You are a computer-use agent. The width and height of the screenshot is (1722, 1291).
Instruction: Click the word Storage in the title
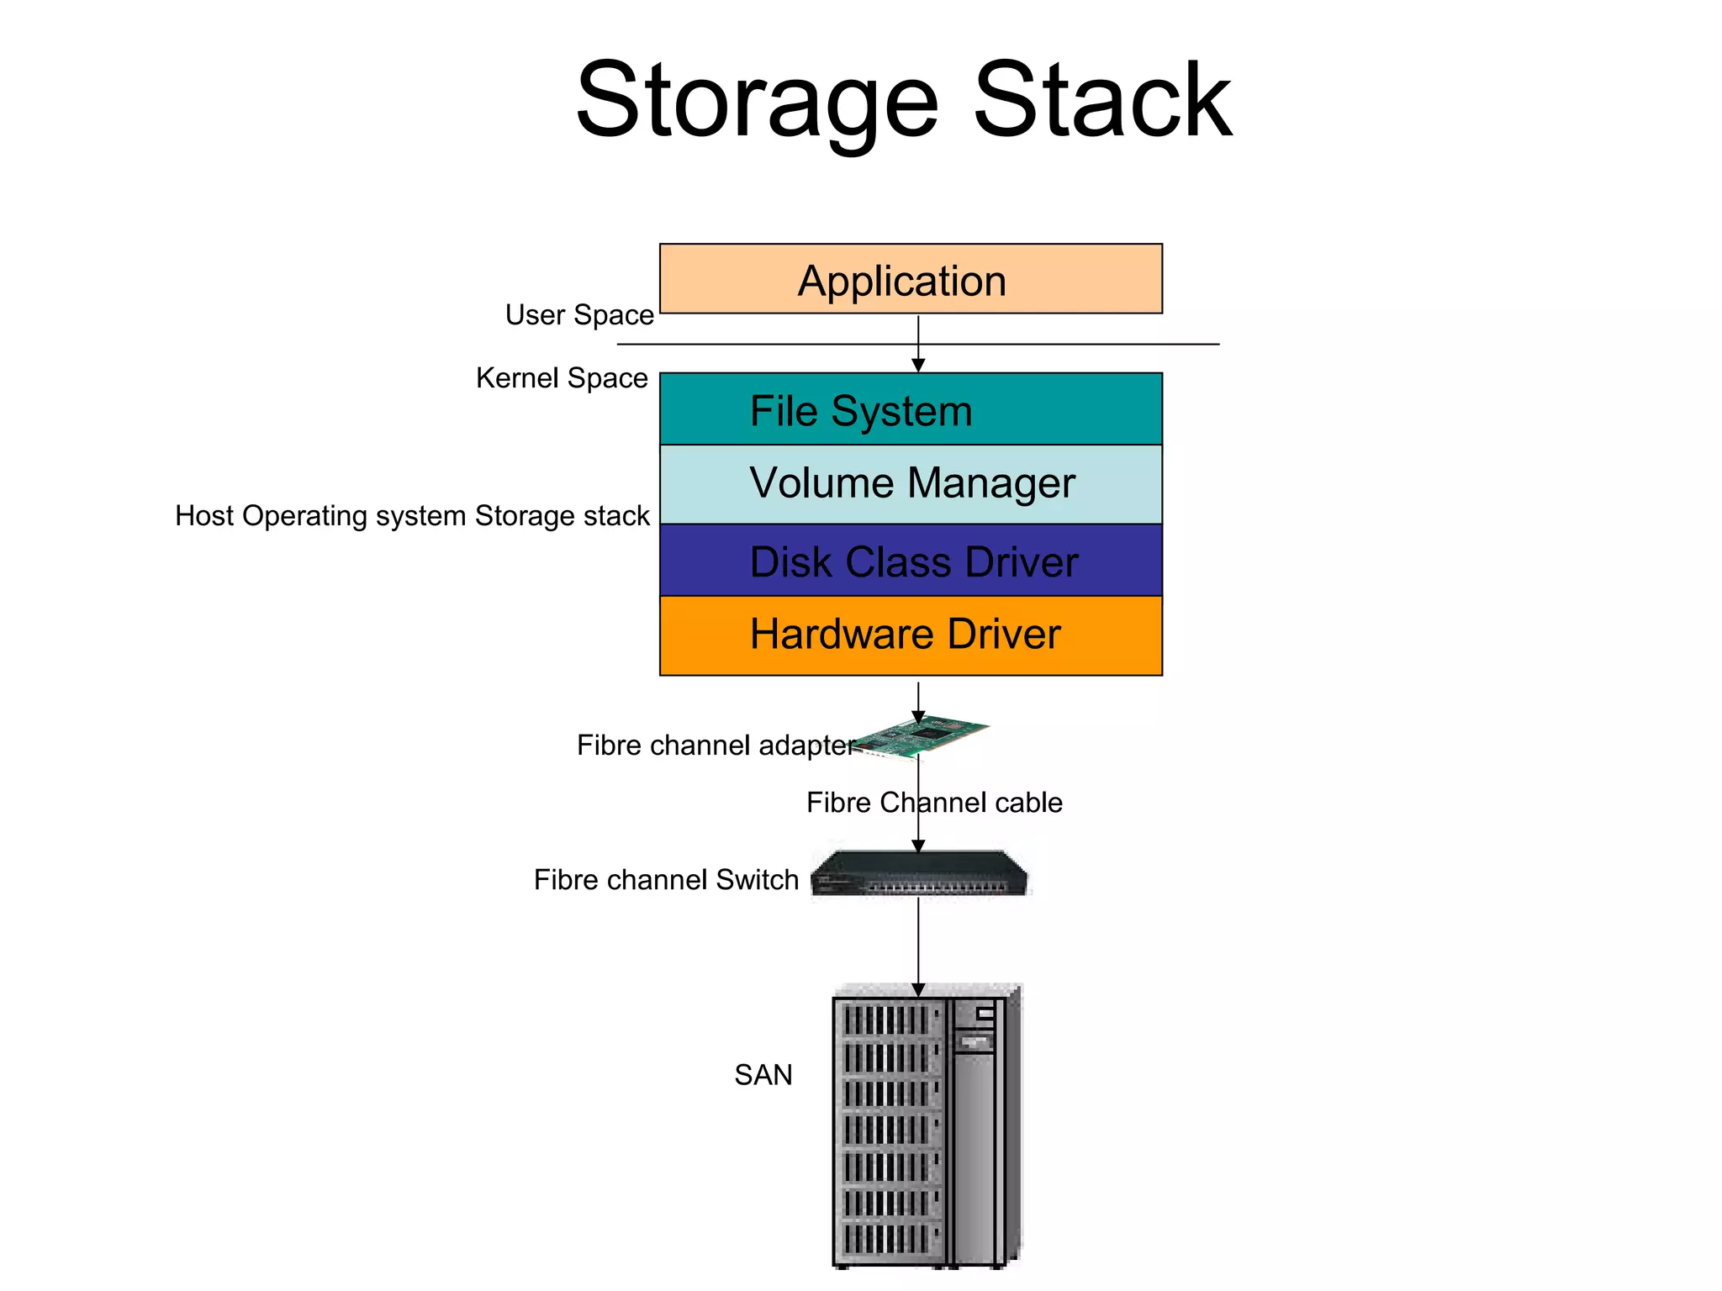coord(756,103)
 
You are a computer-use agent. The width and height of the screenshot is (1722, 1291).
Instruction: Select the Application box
coord(910,280)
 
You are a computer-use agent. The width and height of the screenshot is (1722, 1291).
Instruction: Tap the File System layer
coord(910,410)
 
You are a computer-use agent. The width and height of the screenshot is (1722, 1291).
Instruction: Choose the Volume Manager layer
coord(911,484)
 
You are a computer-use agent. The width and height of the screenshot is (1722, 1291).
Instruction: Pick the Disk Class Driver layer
coord(911,561)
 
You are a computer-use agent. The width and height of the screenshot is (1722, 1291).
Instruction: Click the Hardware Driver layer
coord(910,635)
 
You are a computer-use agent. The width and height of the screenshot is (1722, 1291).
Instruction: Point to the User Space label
coord(579,315)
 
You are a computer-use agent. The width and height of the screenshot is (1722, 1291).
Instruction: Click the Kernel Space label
coord(562,378)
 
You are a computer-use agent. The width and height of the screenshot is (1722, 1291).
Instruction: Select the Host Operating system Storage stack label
coord(412,516)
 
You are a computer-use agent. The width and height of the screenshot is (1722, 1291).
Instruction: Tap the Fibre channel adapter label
coord(715,746)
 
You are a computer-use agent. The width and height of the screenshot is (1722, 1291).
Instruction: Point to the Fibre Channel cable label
coord(933,803)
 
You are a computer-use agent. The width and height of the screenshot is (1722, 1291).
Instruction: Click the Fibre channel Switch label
coord(666,880)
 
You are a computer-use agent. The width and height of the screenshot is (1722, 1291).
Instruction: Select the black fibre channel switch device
coord(918,874)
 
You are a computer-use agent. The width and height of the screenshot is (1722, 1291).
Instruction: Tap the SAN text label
coord(763,1075)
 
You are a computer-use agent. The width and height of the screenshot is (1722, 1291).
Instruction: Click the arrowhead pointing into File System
coord(918,365)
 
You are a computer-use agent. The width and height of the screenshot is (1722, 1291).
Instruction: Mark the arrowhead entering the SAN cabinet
coord(918,989)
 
